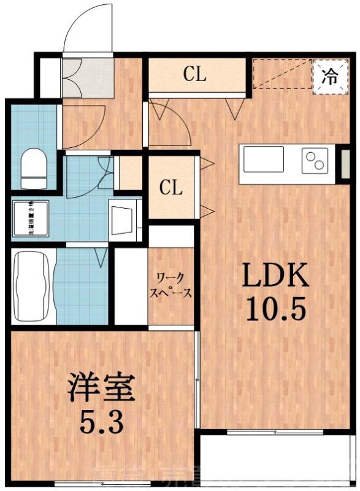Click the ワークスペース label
click(x=171, y=286)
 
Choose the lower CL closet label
click(x=171, y=188)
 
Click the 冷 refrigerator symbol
click(x=329, y=77)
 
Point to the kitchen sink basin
click(x=264, y=160)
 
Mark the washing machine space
click(x=29, y=218)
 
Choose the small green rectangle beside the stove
click(x=345, y=164)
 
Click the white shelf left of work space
click(x=130, y=285)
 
